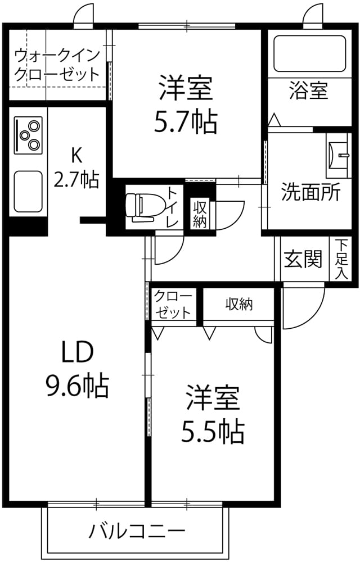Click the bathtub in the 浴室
point(310,54)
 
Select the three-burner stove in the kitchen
point(28,134)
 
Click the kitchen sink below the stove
point(28,191)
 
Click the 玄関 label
point(303,259)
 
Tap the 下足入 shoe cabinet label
point(341,259)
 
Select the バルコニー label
point(137,531)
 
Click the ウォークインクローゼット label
point(57,65)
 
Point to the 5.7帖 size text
point(186,123)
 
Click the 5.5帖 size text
point(213,431)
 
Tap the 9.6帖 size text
point(77,386)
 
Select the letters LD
point(78,352)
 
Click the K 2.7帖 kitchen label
point(76,167)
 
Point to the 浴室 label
point(308,90)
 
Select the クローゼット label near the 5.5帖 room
point(173,305)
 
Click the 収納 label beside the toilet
point(199,214)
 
